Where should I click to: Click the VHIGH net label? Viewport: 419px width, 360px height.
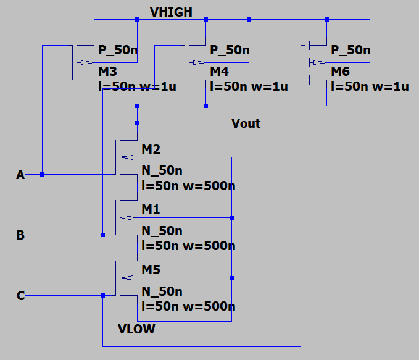(171, 12)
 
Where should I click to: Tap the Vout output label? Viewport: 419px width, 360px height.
(246, 123)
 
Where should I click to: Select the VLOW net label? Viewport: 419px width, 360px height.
(136, 329)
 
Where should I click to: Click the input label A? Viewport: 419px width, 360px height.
(20, 175)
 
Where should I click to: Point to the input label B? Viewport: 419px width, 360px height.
(20, 235)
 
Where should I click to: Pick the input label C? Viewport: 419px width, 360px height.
(20, 296)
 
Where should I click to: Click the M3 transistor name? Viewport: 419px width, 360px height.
(108, 72)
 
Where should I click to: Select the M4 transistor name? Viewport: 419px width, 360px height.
(219, 72)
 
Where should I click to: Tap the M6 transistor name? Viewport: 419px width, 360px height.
(340, 72)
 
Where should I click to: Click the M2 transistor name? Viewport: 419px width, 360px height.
(151, 149)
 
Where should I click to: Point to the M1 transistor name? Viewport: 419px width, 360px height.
(151, 210)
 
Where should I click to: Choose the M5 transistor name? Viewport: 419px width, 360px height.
(151, 270)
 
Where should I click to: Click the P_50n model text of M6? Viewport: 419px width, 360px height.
(351, 50)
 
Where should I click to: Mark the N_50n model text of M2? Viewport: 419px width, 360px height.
(162, 170)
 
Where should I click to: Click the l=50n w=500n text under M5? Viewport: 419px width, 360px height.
(188, 306)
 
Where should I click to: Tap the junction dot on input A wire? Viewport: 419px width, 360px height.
(42, 175)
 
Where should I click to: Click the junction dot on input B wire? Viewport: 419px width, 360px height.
(102, 235)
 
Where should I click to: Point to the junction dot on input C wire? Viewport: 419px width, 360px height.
(102, 296)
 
